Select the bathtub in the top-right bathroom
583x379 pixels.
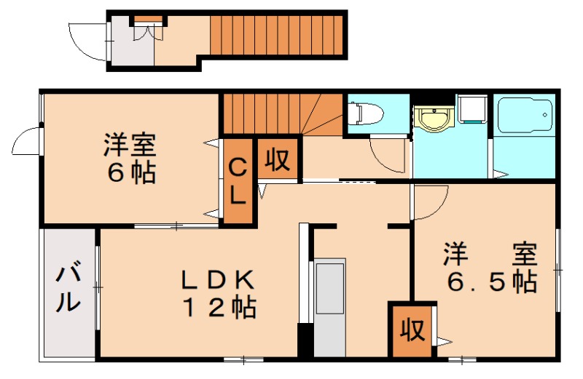(524, 115)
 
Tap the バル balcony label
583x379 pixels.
(69, 288)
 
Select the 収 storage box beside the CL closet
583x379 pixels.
(278, 158)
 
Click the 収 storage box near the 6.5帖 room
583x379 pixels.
(412, 331)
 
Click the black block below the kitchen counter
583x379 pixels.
(305, 342)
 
